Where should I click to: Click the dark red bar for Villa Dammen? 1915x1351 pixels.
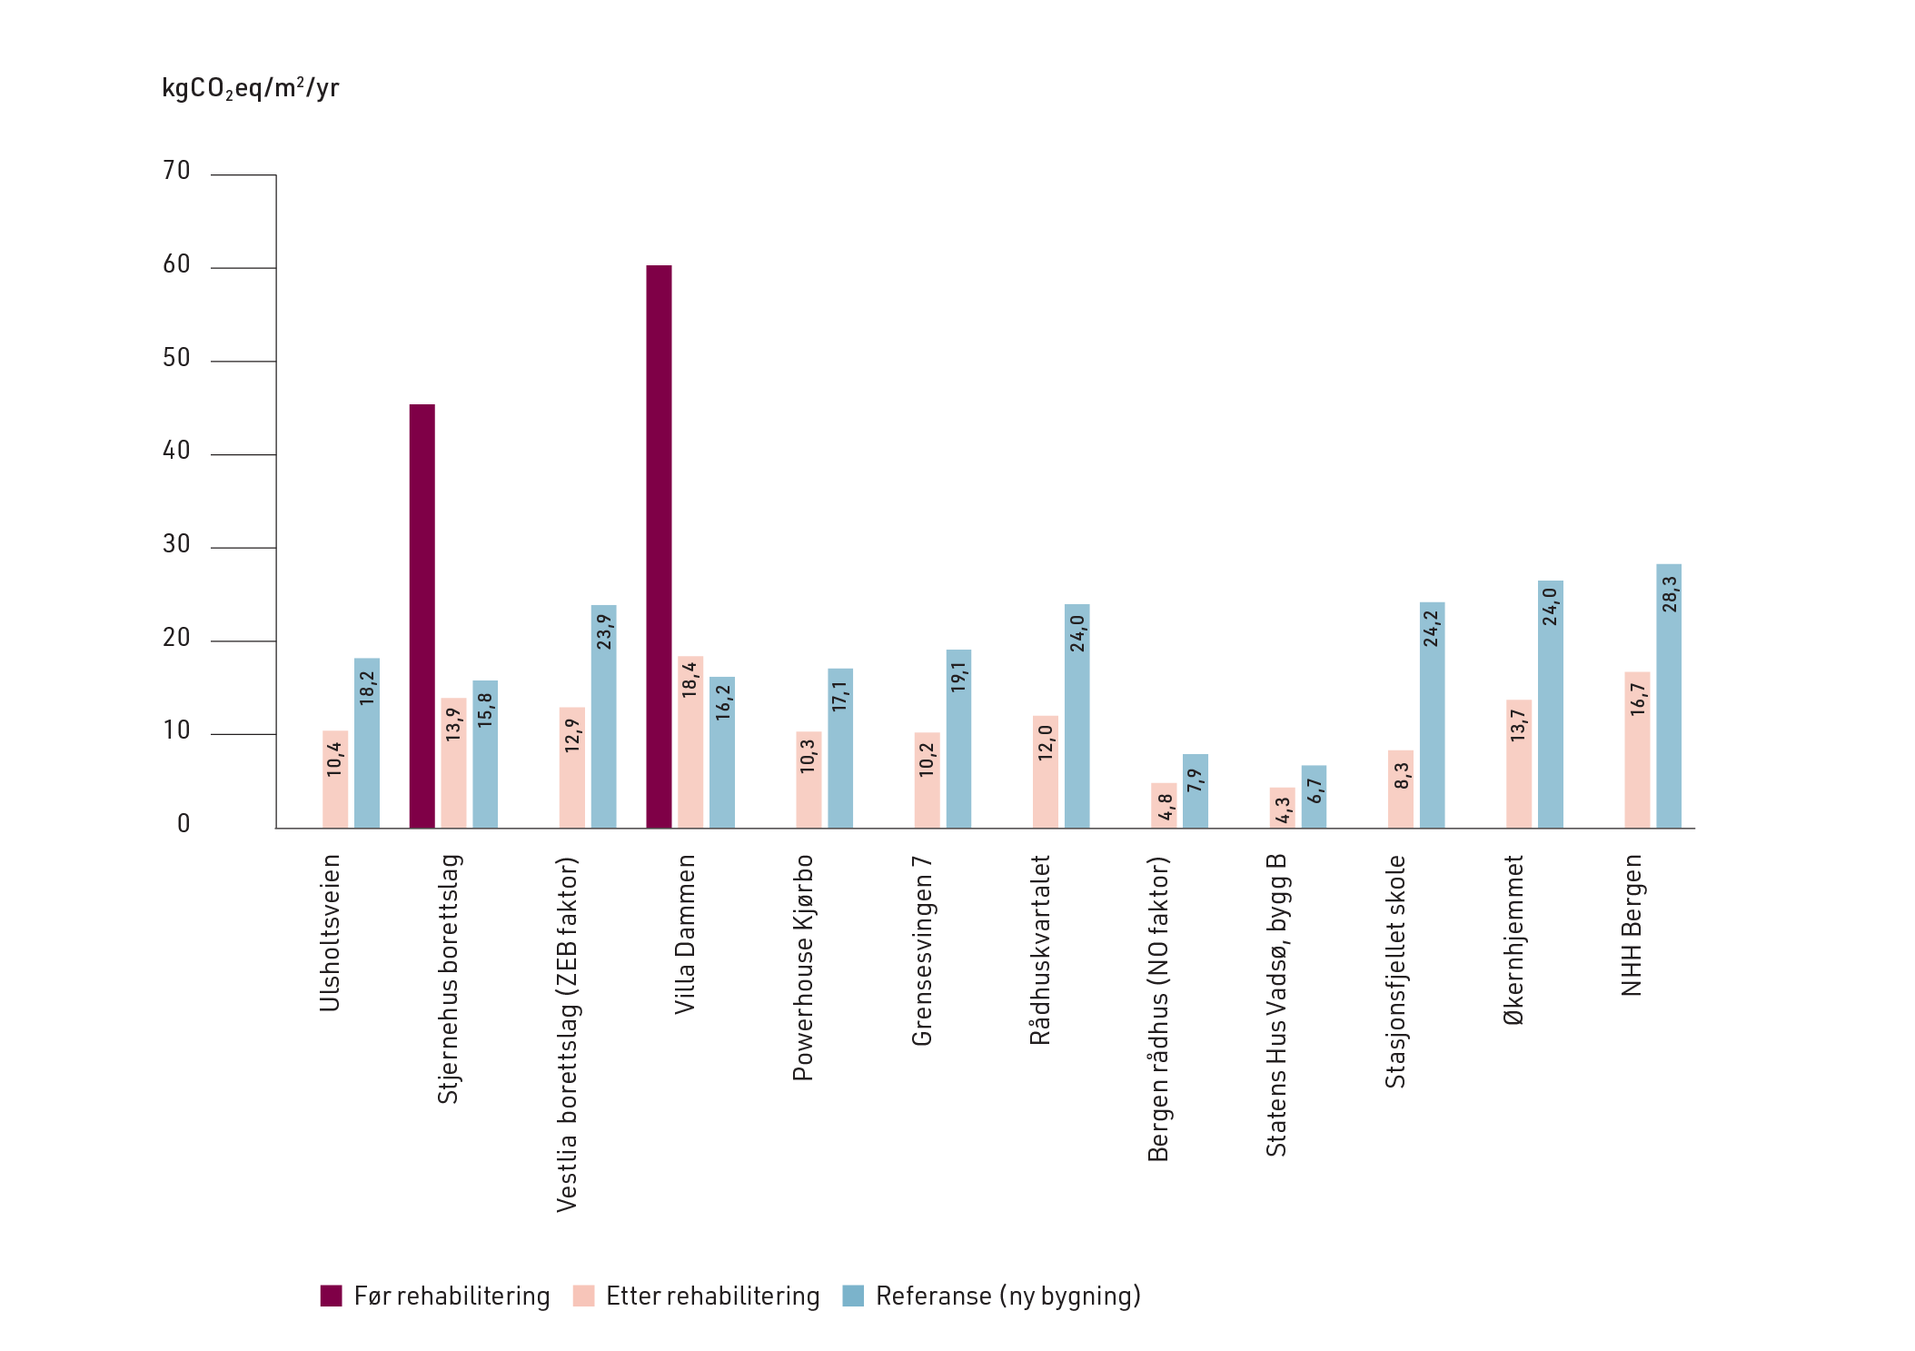click(659, 545)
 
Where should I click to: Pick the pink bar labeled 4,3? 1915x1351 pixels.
click(1282, 808)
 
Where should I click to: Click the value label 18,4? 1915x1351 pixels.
click(690, 680)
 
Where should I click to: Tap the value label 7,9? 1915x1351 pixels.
click(1196, 780)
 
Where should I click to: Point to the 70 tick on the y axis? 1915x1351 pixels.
click(176, 171)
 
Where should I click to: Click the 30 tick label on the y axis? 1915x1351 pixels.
click(176, 544)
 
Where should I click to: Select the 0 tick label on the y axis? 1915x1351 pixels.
click(184, 824)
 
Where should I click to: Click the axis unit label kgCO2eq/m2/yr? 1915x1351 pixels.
click(250, 88)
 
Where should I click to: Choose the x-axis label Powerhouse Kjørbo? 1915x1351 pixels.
click(803, 968)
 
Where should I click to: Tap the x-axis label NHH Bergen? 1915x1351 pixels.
click(1632, 925)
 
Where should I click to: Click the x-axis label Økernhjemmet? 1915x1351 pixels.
click(1513, 939)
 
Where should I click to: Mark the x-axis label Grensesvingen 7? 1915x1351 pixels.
click(922, 950)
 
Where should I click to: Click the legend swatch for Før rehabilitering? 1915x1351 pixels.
click(331, 1296)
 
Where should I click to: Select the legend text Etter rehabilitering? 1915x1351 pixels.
click(712, 1296)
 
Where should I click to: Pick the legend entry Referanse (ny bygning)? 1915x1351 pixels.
click(1007, 1296)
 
